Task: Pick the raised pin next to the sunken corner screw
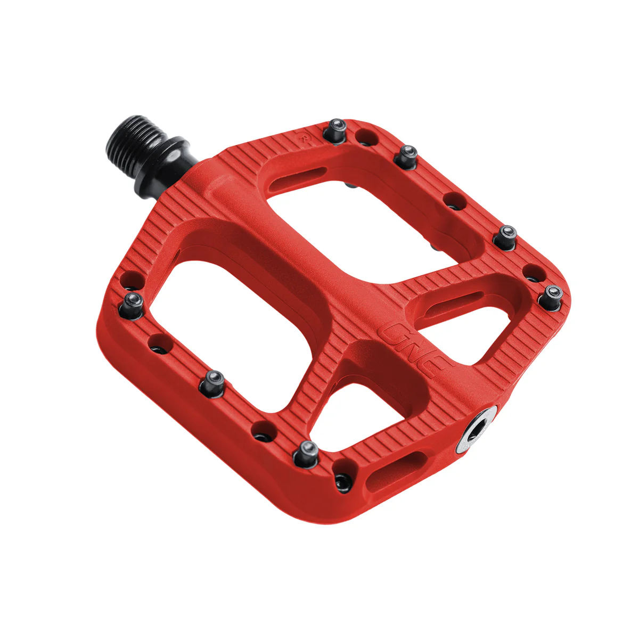[308, 452]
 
